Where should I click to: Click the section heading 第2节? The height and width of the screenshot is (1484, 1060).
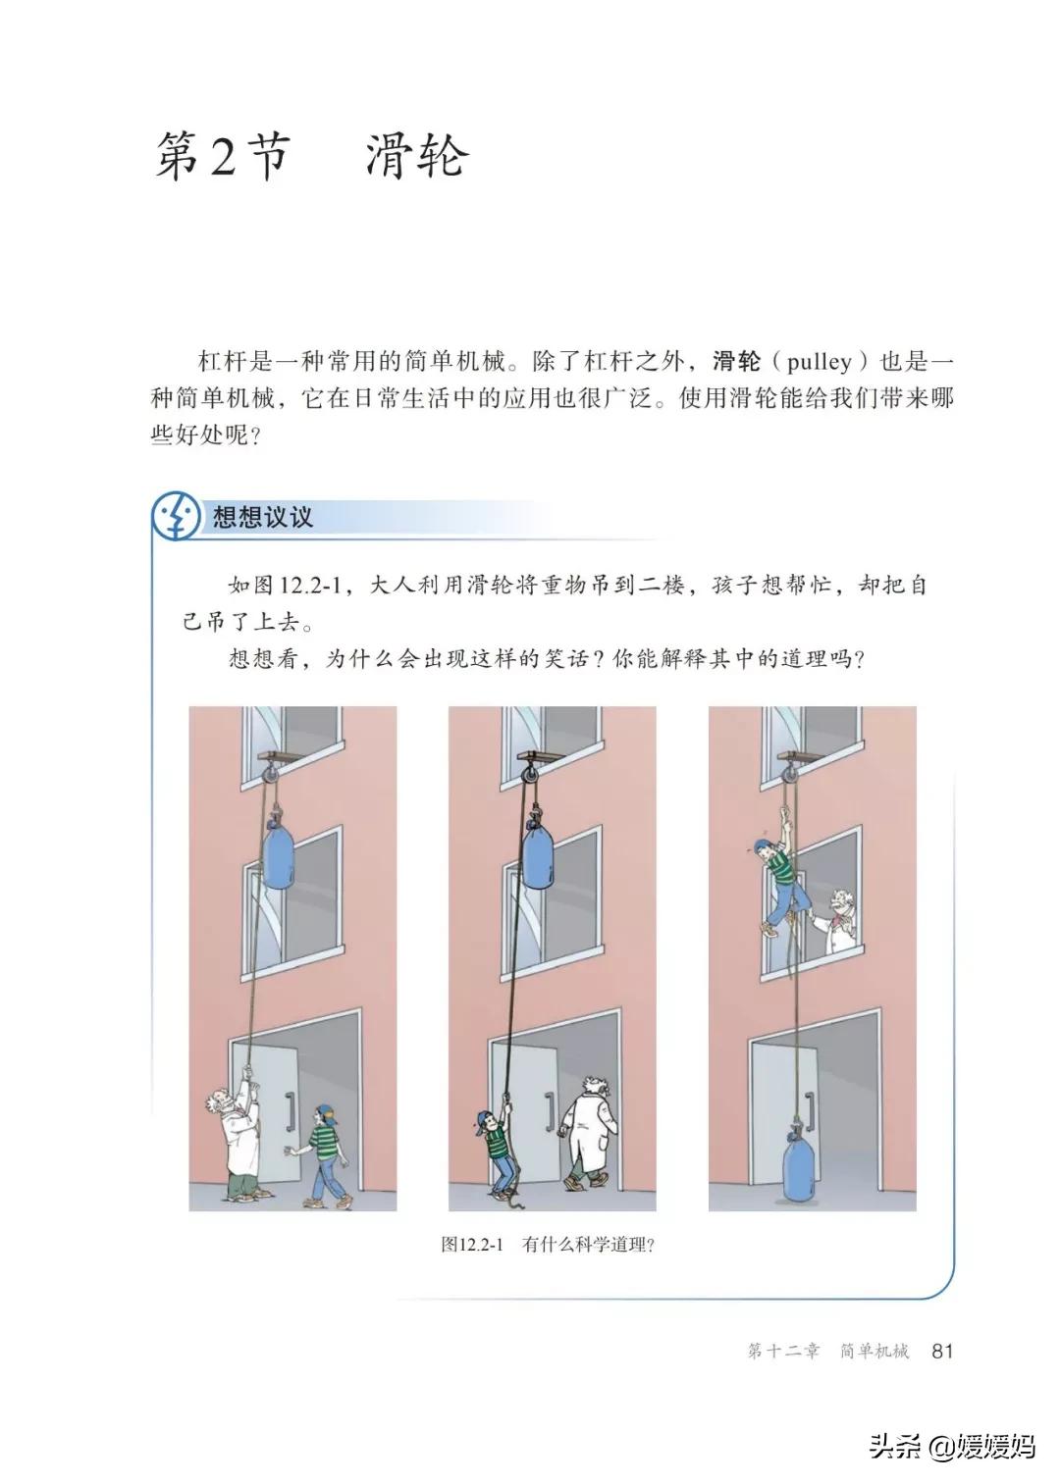[x=221, y=157]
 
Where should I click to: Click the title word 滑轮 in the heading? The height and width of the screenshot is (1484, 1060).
[x=416, y=157]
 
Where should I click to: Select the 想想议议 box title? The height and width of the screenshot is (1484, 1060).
[x=263, y=517]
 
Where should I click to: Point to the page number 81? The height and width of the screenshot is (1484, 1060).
[x=941, y=1351]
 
